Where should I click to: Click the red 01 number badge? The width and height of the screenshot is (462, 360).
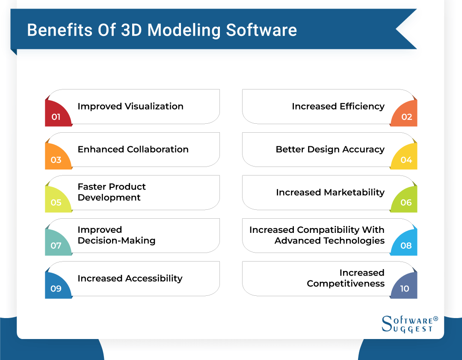pyautogui.click(x=57, y=115)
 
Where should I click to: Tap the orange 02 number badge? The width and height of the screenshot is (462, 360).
pyautogui.click(x=405, y=115)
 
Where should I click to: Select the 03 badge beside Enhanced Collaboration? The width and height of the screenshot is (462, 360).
pyautogui.click(x=57, y=158)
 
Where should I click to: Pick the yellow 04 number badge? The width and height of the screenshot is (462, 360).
pyautogui.click(x=405, y=158)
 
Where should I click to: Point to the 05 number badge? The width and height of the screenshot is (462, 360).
pyautogui.click(x=57, y=200)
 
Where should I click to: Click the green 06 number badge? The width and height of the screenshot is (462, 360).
pyautogui.click(x=405, y=200)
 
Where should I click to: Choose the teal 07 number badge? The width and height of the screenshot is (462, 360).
pyautogui.click(x=57, y=244)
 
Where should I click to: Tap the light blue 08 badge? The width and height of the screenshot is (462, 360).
pyautogui.click(x=405, y=244)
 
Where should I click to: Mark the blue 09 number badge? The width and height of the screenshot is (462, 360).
pyautogui.click(x=57, y=286)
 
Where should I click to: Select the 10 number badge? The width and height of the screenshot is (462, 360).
pyautogui.click(x=405, y=286)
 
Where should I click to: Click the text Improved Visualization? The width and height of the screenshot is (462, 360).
pyautogui.click(x=130, y=106)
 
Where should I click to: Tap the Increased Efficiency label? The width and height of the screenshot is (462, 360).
pyautogui.click(x=338, y=106)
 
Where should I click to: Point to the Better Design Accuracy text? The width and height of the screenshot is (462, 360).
pyautogui.click(x=330, y=149)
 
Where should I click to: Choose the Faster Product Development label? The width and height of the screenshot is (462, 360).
pyautogui.click(x=111, y=192)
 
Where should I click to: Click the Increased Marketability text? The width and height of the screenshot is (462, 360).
pyautogui.click(x=330, y=192)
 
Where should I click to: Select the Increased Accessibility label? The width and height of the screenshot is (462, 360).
pyautogui.click(x=130, y=278)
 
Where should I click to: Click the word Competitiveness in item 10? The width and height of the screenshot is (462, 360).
pyautogui.click(x=346, y=283)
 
